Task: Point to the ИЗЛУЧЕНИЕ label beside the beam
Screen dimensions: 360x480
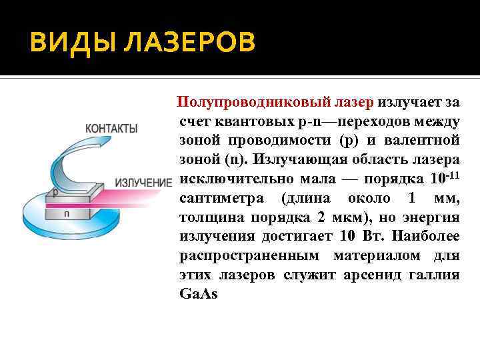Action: pos(143,182)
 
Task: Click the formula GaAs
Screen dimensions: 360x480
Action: pos(199,294)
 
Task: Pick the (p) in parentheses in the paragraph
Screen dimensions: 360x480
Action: pos(349,141)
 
